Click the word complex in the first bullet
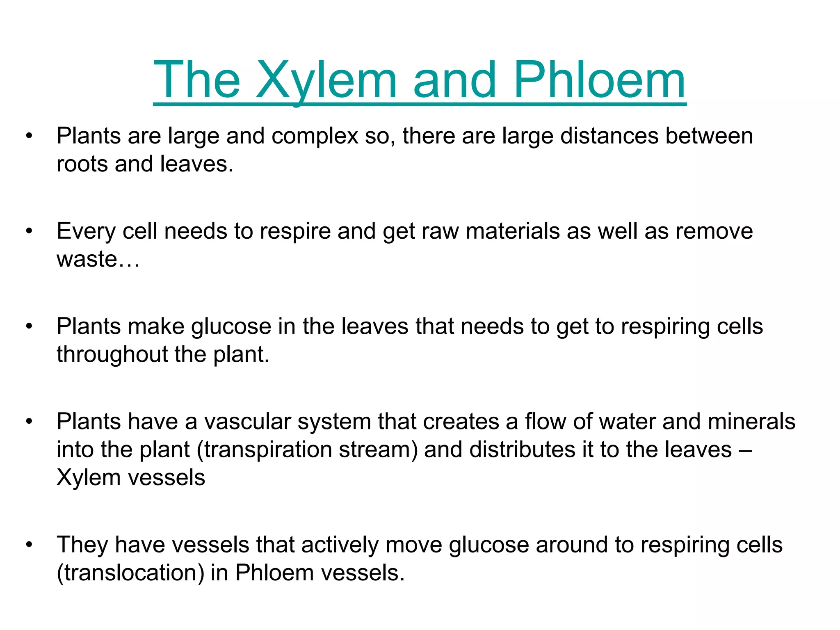[x=315, y=136]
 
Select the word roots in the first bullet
[x=82, y=164]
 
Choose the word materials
[x=513, y=231]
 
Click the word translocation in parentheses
[x=130, y=573]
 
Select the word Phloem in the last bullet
[x=274, y=573]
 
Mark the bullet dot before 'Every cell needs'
[x=29, y=231]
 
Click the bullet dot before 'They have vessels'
[x=29, y=545]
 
